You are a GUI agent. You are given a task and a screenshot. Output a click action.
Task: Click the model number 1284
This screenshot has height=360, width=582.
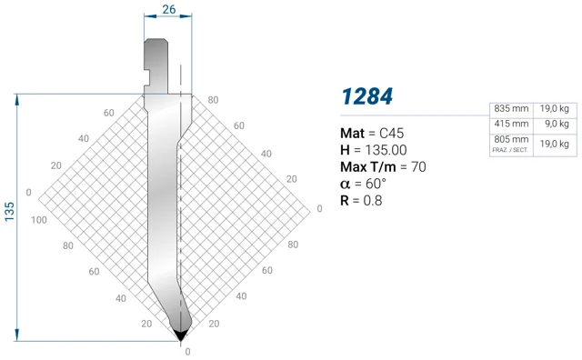point(366,96)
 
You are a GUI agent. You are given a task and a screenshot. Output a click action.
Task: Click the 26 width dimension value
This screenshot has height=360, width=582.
point(169,9)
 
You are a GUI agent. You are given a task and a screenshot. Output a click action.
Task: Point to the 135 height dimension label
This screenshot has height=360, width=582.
point(9,212)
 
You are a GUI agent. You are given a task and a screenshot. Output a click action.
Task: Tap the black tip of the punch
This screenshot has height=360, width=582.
point(181,335)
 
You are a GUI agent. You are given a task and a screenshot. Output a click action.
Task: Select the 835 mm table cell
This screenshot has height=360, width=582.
point(511,109)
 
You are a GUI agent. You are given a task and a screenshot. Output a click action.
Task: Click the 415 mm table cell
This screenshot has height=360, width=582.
point(511,124)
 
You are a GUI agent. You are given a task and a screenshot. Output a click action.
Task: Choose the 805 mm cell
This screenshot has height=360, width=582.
point(511,140)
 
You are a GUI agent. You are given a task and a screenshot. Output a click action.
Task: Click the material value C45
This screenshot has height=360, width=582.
point(392,134)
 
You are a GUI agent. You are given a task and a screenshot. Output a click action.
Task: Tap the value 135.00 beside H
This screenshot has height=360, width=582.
point(386,150)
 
